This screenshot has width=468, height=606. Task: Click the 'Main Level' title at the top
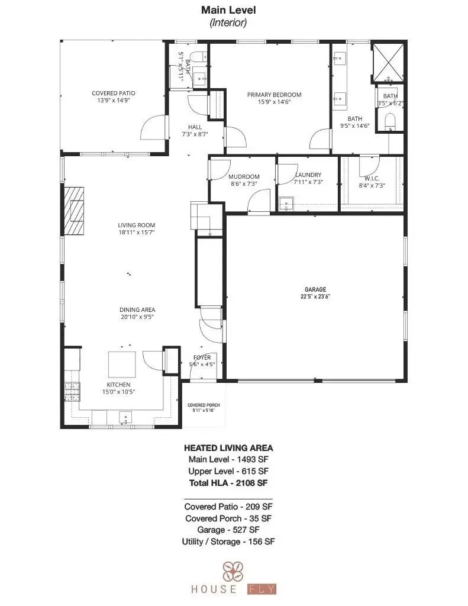(x=228, y=10)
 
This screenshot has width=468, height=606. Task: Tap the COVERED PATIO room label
(x=114, y=94)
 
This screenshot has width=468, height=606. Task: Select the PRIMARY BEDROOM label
(x=274, y=95)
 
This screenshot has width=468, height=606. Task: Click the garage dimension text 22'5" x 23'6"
(x=314, y=296)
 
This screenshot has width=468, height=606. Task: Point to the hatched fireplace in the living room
(x=75, y=212)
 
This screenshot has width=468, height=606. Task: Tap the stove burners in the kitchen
(x=72, y=390)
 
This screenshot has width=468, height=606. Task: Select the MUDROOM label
(x=244, y=176)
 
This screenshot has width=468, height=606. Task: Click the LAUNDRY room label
(x=308, y=175)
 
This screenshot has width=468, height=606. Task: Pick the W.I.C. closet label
(x=372, y=178)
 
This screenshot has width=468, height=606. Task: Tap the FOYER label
(x=202, y=357)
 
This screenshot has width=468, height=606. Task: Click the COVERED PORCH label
(x=204, y=405)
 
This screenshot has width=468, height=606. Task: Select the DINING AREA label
(x=137, y=310)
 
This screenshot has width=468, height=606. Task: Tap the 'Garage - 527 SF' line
(x=228, y=530)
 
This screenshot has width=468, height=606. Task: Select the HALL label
(x=195, y=127)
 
